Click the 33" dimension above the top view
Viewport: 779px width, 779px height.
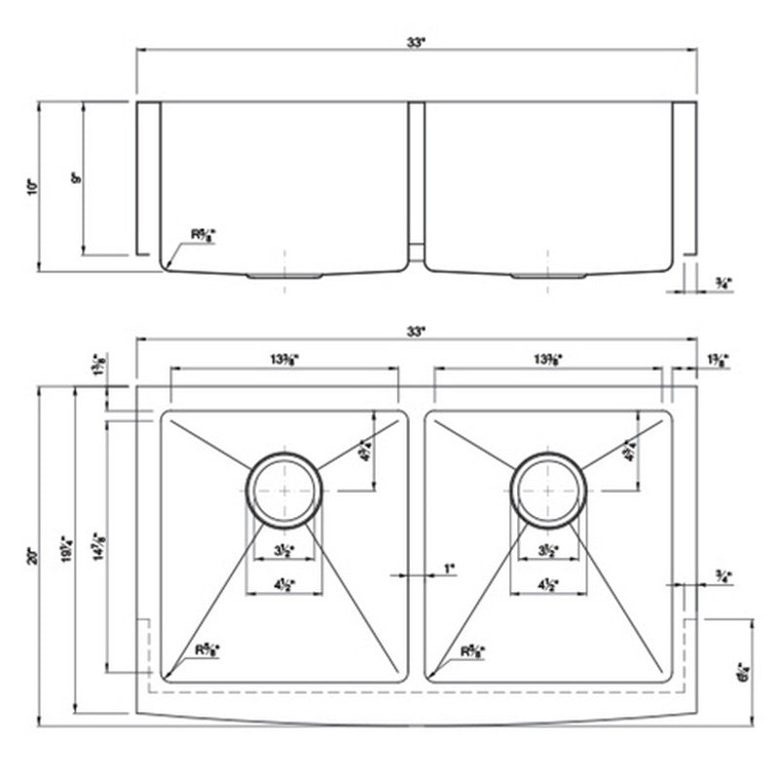pyautogui.click(x=417, y=332)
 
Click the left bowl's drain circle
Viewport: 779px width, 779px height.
pyautogui.click(x=283, y=484)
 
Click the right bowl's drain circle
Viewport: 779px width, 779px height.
pyautogui.click(x=550, y=484)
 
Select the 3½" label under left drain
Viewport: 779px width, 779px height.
pyautogui.click(x=283, y=550)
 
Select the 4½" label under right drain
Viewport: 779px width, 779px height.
pyautogui.click(x=550, y=585)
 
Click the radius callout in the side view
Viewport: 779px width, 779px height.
pyautogui.click(x=202, y=235)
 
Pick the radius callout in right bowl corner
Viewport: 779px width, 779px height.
pyautogui.click(x=472, y=647)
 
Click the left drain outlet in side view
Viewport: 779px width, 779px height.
pyautogui.click(x=283, y=277)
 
